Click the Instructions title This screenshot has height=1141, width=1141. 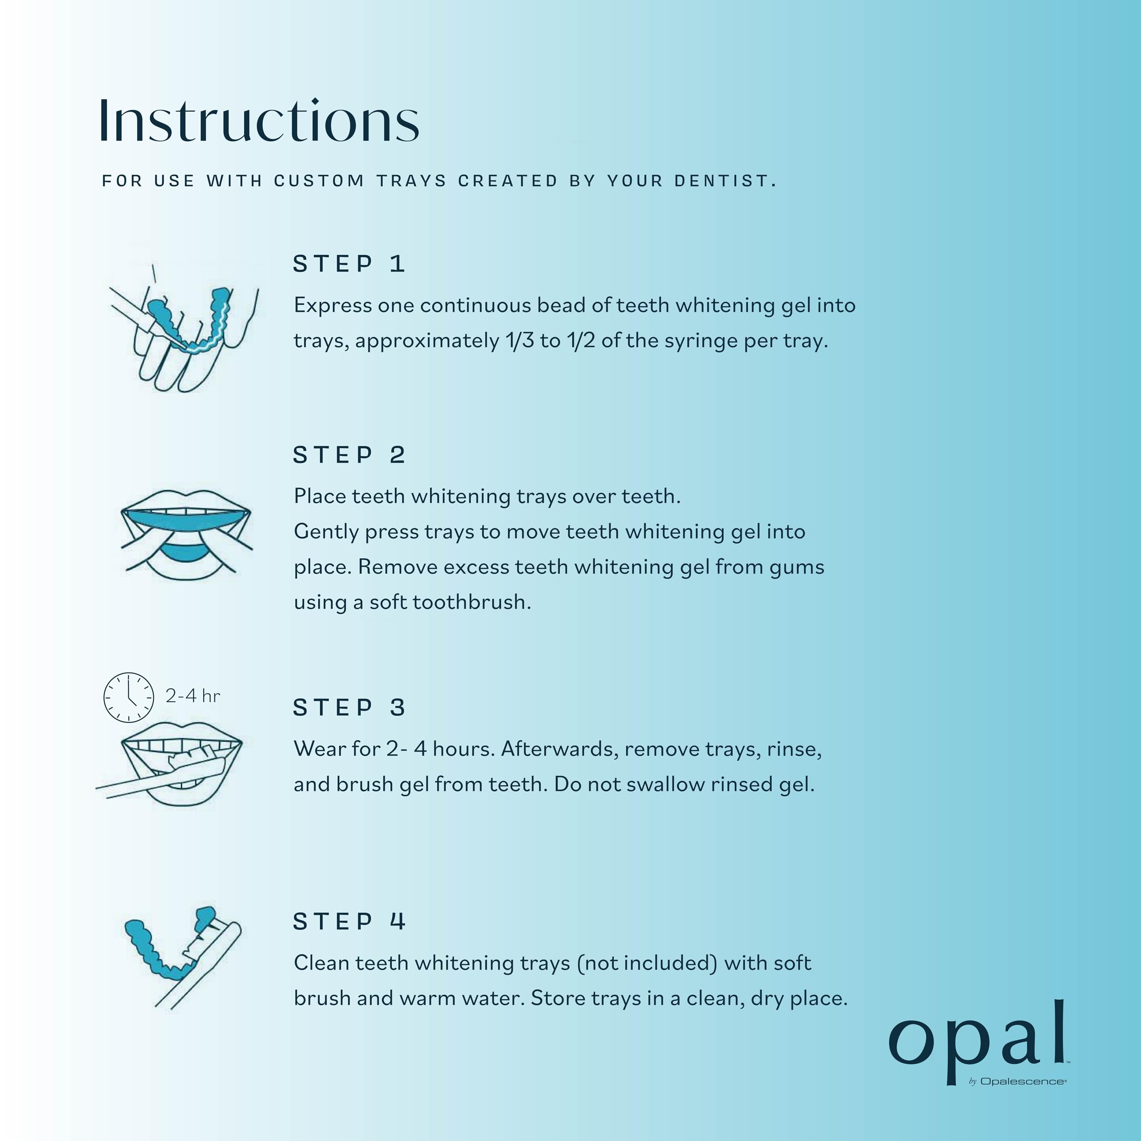coord(259,121)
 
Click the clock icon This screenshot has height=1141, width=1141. coord(129,697)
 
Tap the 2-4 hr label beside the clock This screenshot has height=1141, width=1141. coord(193,696)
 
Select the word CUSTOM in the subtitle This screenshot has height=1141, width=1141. coord(319,181)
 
